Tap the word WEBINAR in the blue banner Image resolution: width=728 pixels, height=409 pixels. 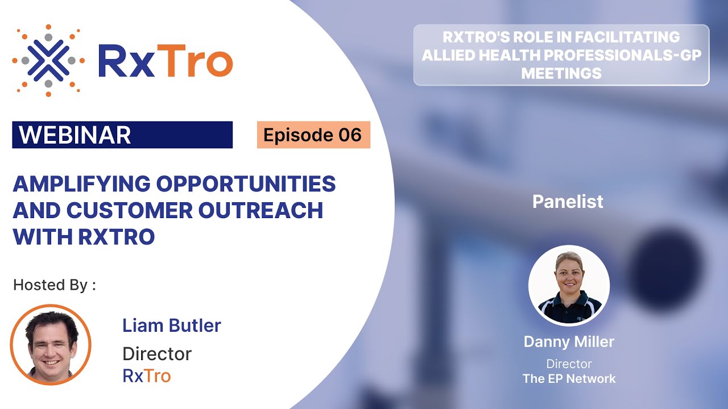point(75,135)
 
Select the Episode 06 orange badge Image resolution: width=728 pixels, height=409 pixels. point(313,135)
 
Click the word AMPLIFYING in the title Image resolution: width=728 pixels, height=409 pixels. point(81,184)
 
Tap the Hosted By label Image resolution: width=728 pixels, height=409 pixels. point(54,285)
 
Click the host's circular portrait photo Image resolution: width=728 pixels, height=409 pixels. point(51,345)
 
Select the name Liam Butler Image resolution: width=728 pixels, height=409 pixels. point(171,325)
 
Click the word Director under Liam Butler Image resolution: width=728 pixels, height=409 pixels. point(157,354)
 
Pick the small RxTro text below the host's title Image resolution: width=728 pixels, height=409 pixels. point(146,375)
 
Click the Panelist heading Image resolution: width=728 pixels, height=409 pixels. point(568,202)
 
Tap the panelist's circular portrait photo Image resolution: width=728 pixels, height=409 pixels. point(569,285)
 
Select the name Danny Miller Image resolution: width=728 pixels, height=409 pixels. point(569,341)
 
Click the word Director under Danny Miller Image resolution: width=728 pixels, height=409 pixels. point(569,364)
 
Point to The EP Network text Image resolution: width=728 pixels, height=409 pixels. point(569,378)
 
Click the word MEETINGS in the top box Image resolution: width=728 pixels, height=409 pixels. point(561,73)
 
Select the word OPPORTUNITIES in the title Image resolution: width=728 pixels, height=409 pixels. point(246,184)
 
